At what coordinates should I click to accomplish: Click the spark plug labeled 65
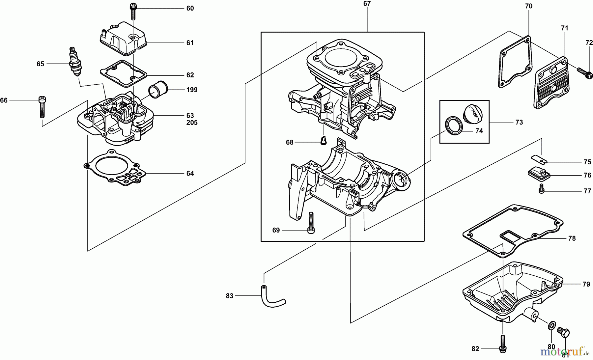(x=75, y=62)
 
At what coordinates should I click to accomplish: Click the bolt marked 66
(x=42, y=106)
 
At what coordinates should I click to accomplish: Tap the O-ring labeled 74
(x=454, y=125)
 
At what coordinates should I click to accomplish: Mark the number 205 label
(x=192, y=123)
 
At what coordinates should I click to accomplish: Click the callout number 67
(x=367, y=4)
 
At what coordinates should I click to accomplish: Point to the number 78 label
(x=572, y=238)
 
